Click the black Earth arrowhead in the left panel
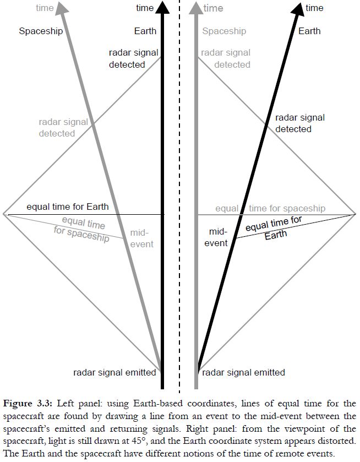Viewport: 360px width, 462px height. [x=162, y=7]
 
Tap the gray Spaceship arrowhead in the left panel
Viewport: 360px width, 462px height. [x=63, y=7]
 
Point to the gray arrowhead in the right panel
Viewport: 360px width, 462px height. [x=195, y=7]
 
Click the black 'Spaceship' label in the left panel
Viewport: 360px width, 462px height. [x=41, y=31]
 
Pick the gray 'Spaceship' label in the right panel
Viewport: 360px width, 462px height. [x=224, y=31]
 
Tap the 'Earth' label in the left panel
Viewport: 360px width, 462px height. [x=145, y=31]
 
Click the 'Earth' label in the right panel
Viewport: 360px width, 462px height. [x=309, y=31]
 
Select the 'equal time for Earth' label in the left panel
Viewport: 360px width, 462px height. [x=68, y=206]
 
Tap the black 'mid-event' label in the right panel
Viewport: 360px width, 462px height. [x=218, y=237]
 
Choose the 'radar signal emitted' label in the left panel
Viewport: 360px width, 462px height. [x=115, y=372]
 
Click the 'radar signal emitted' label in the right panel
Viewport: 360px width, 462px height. [x=243, y=372]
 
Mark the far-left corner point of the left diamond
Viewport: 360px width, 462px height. [x=4, y=213]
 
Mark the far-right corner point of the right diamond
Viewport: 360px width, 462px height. [x=356, y=214]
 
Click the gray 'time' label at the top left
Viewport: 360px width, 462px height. [x=45, y=8]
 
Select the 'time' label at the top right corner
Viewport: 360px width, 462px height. [x=315, y=8]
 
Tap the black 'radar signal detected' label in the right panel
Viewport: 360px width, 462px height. [x=300, y=123]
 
